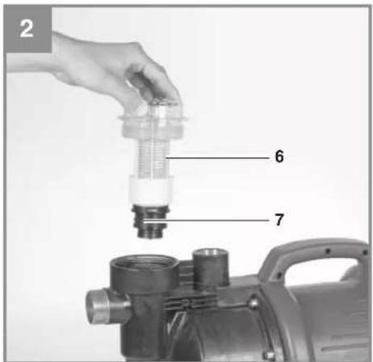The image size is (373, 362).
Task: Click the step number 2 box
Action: pos(27,29)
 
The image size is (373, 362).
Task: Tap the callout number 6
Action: pos(279,156)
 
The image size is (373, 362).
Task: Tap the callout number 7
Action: pos(279,220)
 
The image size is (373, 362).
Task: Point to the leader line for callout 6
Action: pos(217,158)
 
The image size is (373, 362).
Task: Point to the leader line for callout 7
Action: pos(206,221)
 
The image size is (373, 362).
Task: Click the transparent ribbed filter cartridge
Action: pos(152,158)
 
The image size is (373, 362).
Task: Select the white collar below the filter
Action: pos(151,190)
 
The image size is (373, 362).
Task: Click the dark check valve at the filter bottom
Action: pos(150,221)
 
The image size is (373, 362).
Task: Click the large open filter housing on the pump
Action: pos(145,272)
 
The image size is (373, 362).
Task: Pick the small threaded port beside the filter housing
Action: pos(211,267)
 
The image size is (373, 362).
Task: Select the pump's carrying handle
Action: pos(315,259)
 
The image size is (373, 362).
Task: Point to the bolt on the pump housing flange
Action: pos(254,304)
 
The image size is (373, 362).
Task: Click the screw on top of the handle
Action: pos(328,251)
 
